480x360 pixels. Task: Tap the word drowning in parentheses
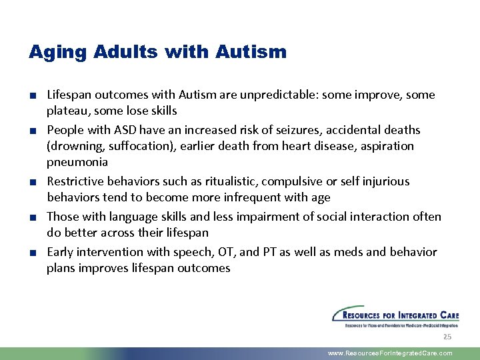pos(77,146)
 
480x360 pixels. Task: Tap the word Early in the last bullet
pos(60,252)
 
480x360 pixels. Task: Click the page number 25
pos(447,337)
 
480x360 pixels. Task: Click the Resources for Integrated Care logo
pos(395,316)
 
